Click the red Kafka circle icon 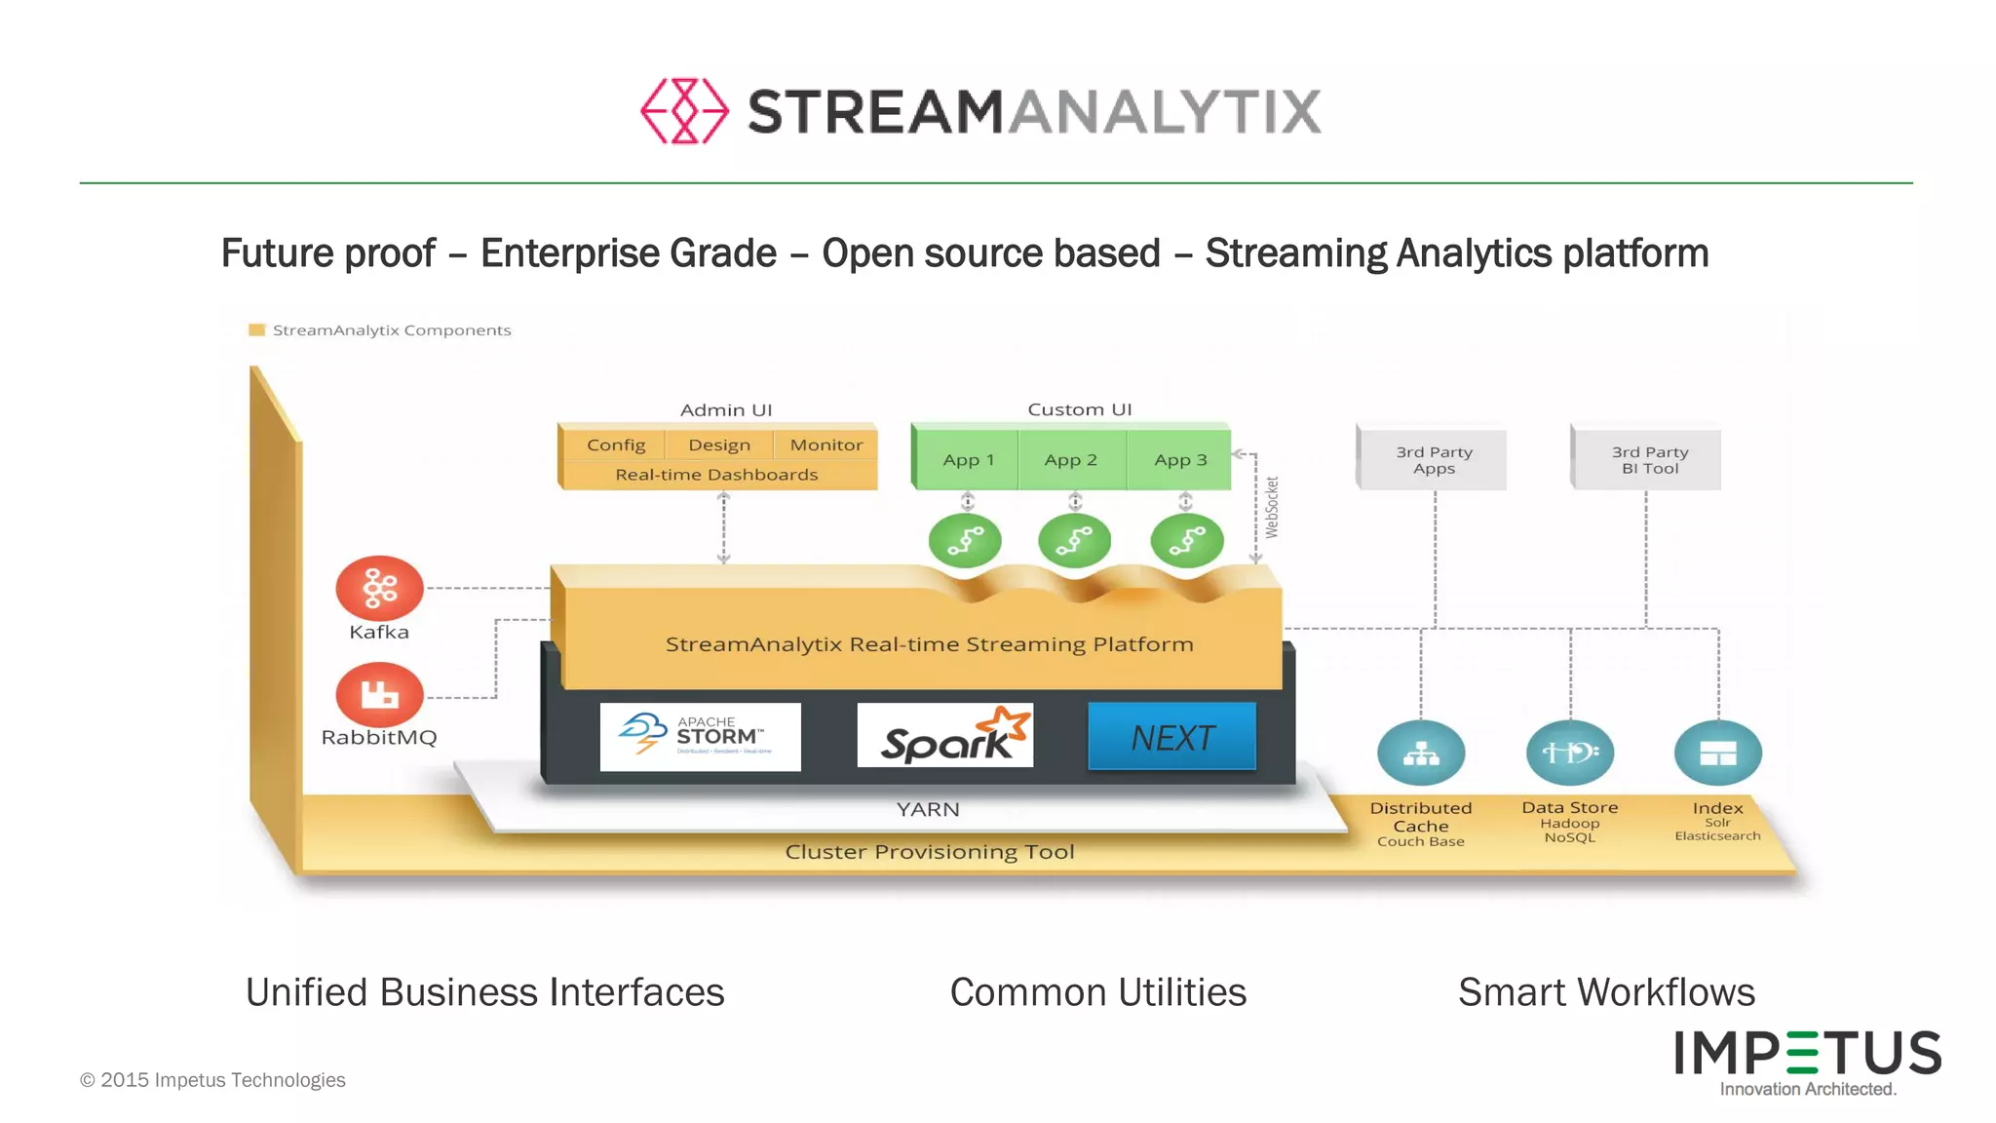click(x=379, y=587)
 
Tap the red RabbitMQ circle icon click(x=379, y=694)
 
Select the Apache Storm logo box click(x=700, y=737)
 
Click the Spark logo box click(x=944, y=736)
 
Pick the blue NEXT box click(x=1171, y=737)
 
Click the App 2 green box click(x=1070, y=459)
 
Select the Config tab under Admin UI click(x=615, y=445)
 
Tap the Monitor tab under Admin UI click(x=825, y=445)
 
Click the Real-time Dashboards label click(x=716, y=475)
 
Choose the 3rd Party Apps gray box click(x=1433, y=460)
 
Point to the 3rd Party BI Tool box click(x=1648, y=460)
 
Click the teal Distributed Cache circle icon click(x=1420, y=754)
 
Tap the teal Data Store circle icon click(x=1569, y=753)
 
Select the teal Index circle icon click(x=1717, y=753)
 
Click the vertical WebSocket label click(x=1271, y=507)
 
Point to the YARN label click(x=928, y=809)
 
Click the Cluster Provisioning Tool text click(x=929, y=852)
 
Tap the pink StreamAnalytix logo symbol click(x=684, y=111)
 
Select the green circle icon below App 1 click(x=965, y=541)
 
